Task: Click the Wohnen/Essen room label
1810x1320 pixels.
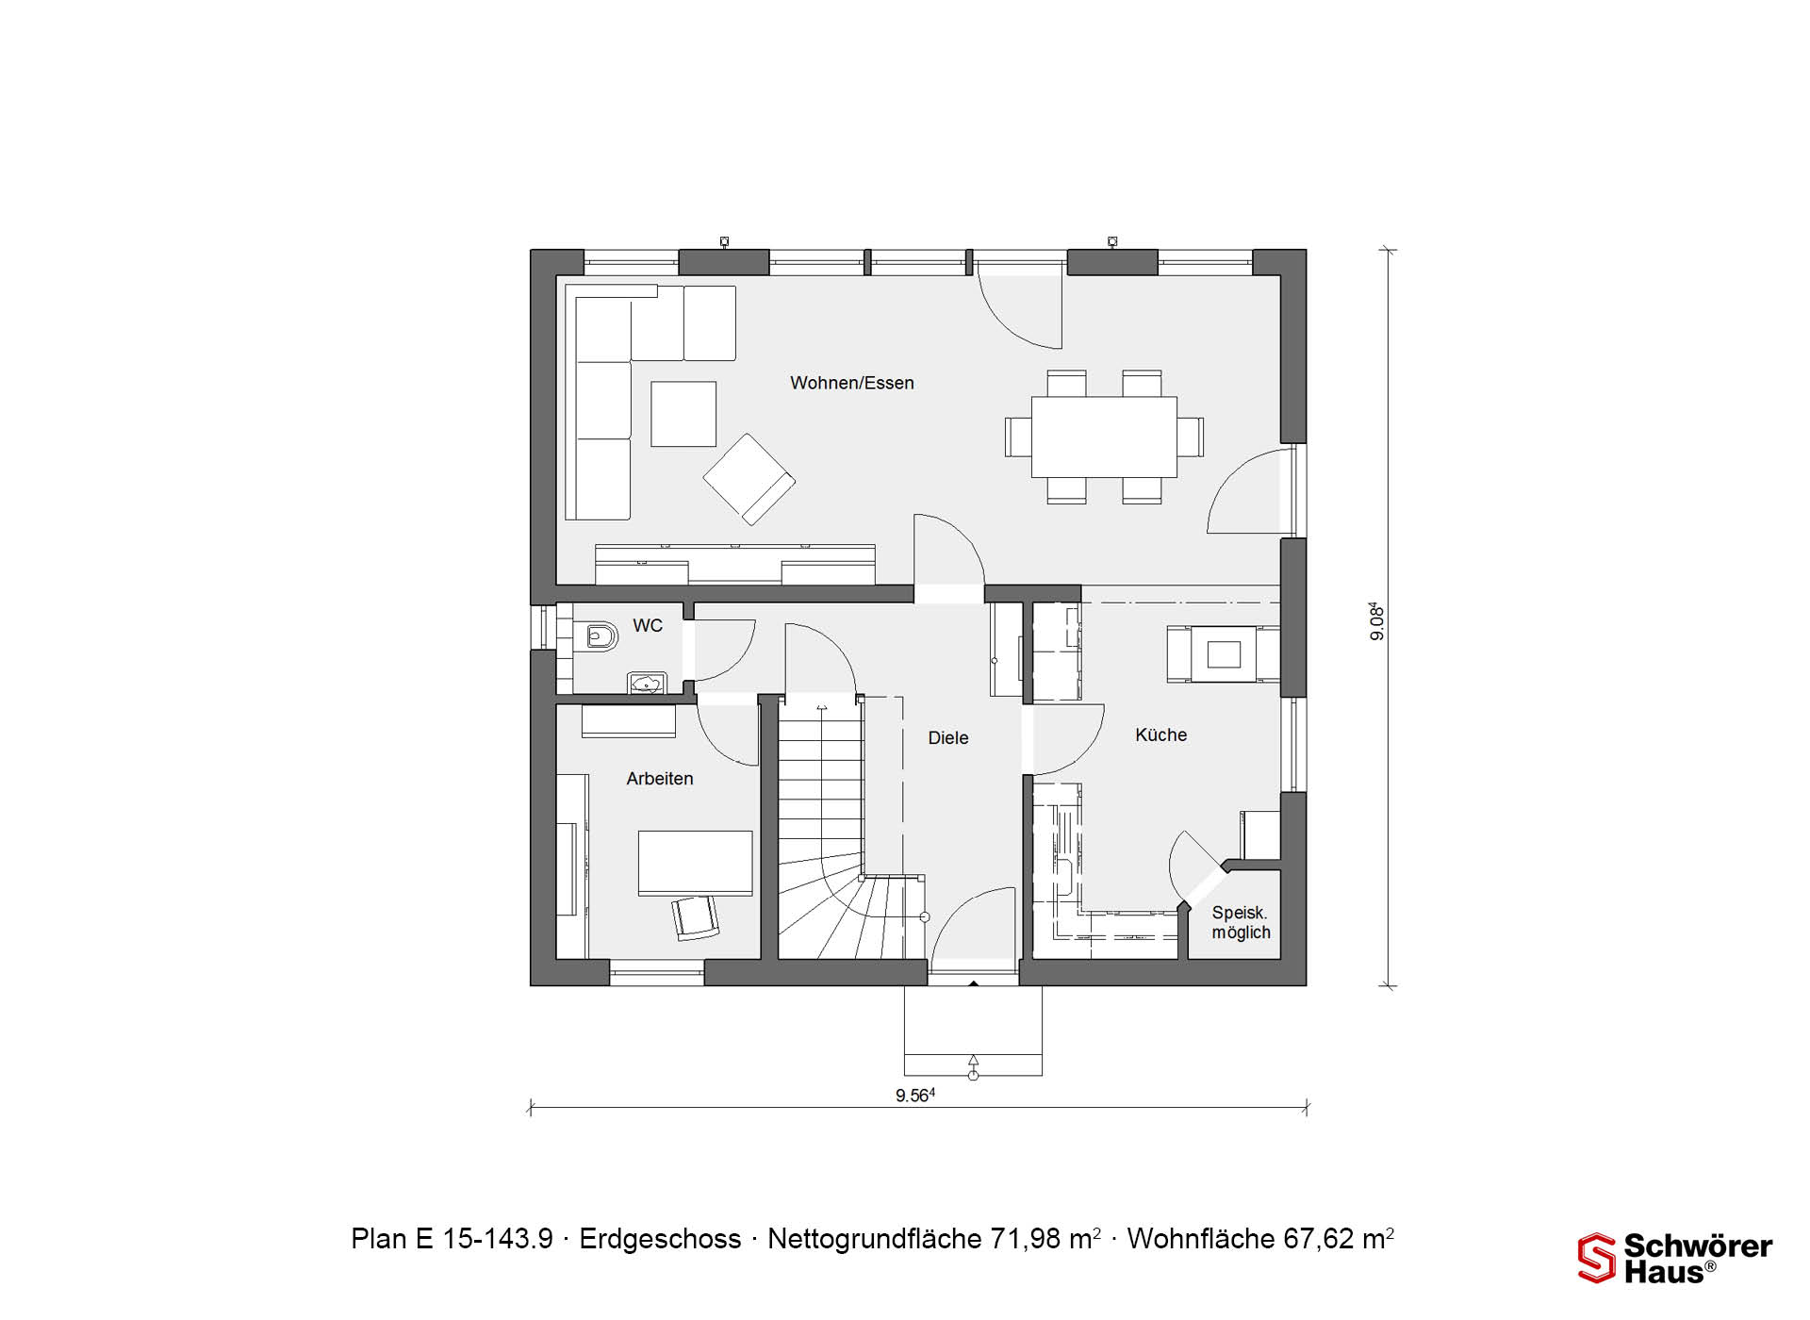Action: [x=852, y=383]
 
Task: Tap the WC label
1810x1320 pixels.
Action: [x=648, y=625]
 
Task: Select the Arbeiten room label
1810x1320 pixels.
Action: [x=660, y=779]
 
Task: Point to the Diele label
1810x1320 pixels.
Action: [x=948, y=738]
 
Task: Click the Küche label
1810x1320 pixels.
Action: [x=1161, y=734]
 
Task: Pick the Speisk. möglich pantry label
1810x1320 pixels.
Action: [x=1241, y=923]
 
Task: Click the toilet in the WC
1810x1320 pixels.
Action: [x=597, y=637]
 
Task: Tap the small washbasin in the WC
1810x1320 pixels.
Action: [x=647, y=684]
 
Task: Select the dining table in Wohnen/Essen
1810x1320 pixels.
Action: [x=1104, y=437]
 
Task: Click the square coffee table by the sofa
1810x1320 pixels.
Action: [x=683, y=414]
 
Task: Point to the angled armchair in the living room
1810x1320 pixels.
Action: [x=749, y=479]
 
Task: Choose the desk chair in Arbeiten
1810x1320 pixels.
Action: [x=695, y=917]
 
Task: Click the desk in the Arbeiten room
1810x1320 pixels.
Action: [x=696, y=863]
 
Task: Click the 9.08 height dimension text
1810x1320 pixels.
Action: [x=1377, y=621]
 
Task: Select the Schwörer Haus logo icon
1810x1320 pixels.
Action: [x=1597, y=1259]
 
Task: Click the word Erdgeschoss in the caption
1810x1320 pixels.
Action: [x=660, y=1238]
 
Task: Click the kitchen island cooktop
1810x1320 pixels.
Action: [x=1224, y=653]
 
